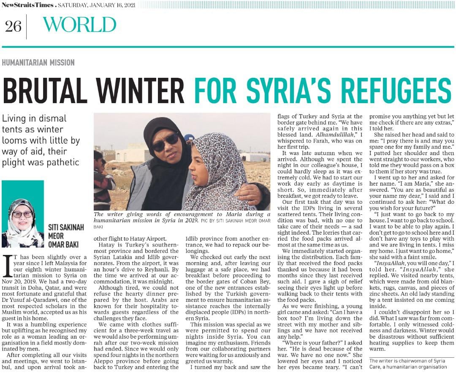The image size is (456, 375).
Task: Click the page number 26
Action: tap(13, 26)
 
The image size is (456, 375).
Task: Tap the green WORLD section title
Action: tap(79, 25)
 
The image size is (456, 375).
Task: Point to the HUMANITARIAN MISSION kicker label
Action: tap(38, 63)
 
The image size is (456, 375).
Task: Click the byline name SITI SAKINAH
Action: tap(66, 227)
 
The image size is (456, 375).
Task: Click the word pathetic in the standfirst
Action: tap(62, 162)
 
